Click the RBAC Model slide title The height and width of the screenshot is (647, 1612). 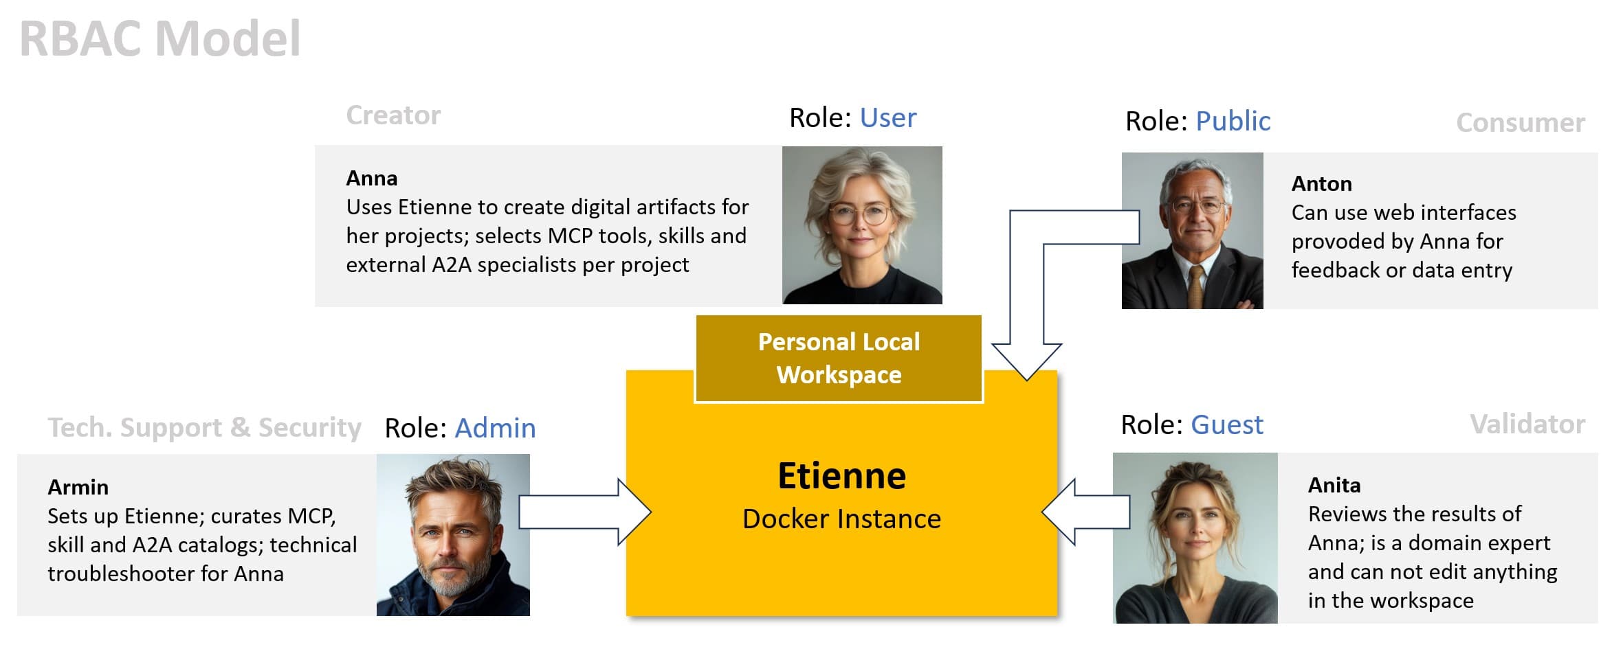pos(159,38)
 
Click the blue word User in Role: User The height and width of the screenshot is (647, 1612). pos(887,118)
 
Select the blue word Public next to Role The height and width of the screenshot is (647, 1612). pos(1233,121)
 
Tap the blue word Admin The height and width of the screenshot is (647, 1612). pos(495,428)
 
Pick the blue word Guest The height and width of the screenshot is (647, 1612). pos(1226,424)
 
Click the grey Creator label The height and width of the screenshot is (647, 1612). pos(393,115)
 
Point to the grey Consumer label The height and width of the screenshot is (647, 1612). pos(1520,123)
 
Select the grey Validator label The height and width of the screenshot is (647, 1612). pos(1527,424)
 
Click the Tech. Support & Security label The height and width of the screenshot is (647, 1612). pos(204,427)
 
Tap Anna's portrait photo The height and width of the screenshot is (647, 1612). pos(861,225)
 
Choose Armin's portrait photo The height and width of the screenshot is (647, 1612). pos(453,534)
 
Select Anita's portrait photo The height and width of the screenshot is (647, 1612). pos(1195,538)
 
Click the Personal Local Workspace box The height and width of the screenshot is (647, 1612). pos(839,359)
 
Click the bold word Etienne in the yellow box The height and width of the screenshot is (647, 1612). pos(841,475)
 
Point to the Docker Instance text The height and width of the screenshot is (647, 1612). pos(841,519)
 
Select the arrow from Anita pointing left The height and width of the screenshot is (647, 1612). pos(1086,512)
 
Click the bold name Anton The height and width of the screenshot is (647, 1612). pos(1321,183)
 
